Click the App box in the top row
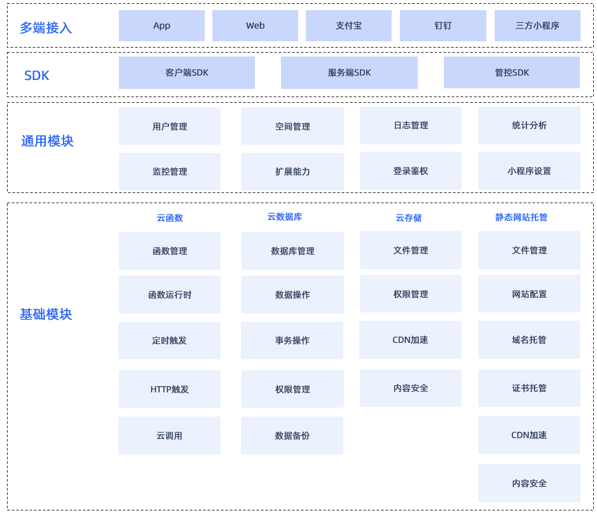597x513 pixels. coord(162,25)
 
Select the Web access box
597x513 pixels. coord(255,25)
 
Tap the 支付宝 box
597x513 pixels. coord(348,25)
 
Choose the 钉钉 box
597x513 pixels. coord(443,25)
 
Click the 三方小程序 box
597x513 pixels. coord(537,25)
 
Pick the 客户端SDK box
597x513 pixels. coord(186,72)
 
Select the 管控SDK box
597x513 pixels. coord(512,72)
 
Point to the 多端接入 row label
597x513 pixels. coord(46,28)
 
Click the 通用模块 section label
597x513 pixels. coord(47,141)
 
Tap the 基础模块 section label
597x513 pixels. coord(46,314)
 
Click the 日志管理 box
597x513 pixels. coord(411,125)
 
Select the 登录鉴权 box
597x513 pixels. coord(411,171)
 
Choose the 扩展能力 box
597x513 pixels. coord(292,171)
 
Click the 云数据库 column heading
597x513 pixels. coord(285,217)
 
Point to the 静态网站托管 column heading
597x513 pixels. coord(521,217)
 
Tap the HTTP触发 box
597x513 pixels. coord(169,389)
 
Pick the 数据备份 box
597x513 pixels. coord(292,436)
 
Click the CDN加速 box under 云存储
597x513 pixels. coord(410,340)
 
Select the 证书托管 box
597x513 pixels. coord(529,388)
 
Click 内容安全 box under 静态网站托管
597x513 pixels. coord(529,483)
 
